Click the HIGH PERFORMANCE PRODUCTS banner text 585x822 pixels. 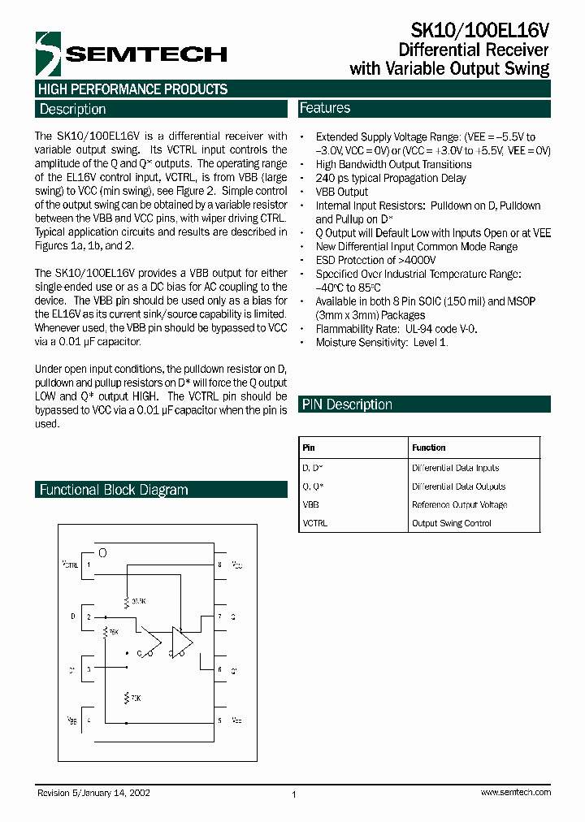132,89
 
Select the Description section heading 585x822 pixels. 73,109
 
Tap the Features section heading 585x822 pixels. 325,108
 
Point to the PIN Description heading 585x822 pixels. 347,405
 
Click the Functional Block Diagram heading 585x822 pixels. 114,490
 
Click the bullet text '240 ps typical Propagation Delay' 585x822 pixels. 391,178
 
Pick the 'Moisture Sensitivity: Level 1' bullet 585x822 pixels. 382,342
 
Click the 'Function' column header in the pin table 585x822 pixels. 429,448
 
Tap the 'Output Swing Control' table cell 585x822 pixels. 452,523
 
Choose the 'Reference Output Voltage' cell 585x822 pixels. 459,504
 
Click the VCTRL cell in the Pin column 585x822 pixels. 314,523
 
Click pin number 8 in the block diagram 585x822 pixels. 219,564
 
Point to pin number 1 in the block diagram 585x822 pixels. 89,564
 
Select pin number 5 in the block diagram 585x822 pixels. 219,720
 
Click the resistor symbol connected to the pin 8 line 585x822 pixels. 127,602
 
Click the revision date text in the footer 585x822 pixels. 93,792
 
